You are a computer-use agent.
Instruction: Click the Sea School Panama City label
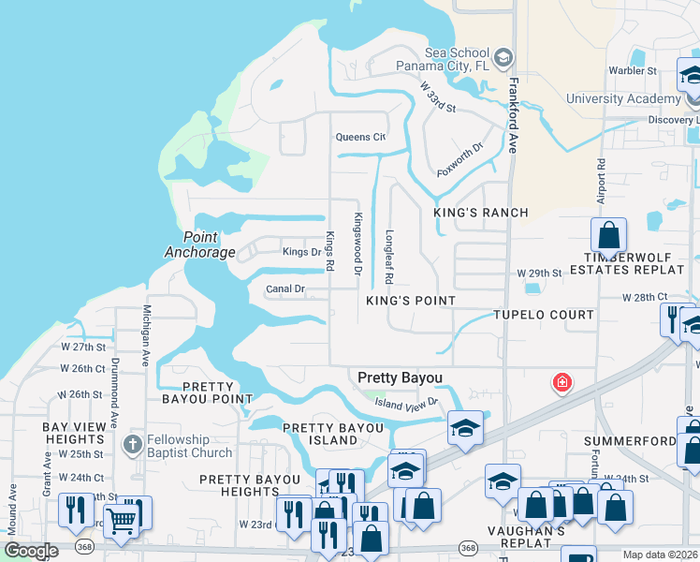point(443,59)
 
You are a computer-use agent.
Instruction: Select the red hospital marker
point(561,382)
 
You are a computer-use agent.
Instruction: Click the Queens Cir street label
point(361,137)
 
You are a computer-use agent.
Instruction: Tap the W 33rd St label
point(437,98)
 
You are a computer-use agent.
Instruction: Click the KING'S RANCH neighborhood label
point(481,213)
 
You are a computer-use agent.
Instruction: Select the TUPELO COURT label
point(544,315)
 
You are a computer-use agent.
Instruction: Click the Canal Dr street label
point(285,289)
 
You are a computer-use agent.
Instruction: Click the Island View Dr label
point(407,403)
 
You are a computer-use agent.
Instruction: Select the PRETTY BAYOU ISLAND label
point(333,435)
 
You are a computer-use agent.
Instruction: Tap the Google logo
point(32,551)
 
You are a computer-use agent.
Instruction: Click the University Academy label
point(622,98)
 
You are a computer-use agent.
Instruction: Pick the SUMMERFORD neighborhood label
point(629,440)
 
